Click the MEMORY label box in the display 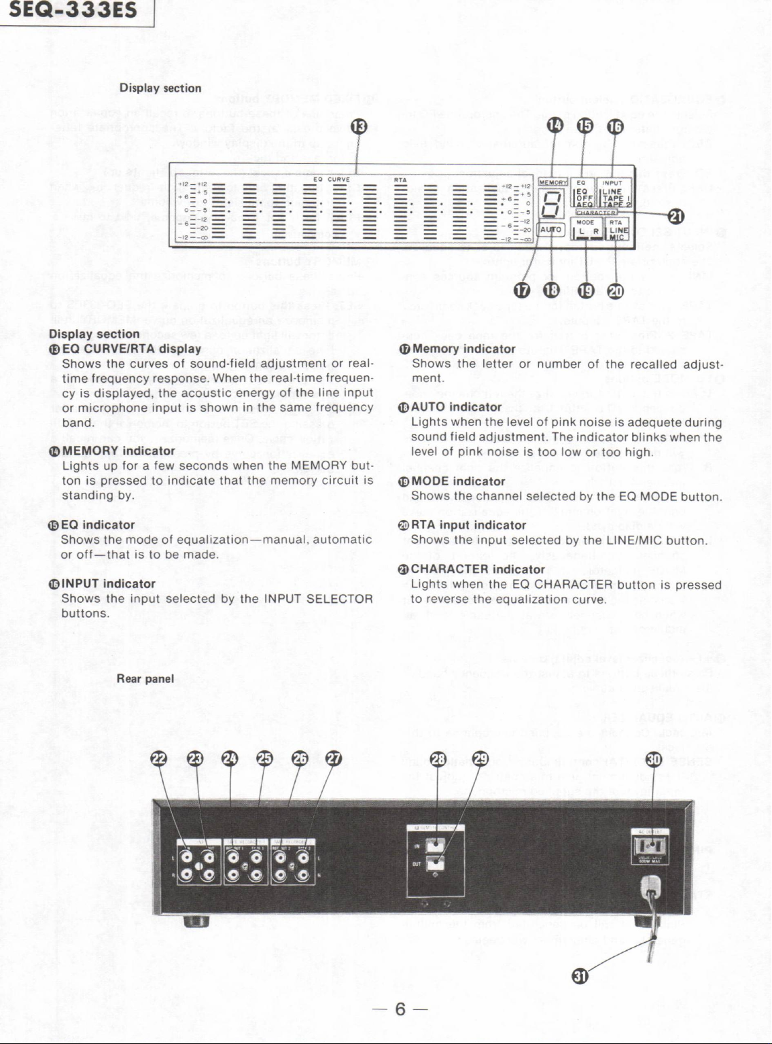[552, 182]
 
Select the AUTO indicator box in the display [550, 230]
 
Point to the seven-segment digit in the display [551, 205]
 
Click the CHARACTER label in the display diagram [596, 212]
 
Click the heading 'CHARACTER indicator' [477, 570]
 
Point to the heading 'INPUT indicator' [108, 584]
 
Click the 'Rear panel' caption [145, 679]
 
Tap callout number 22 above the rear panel [159, 759]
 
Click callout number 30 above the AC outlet [654, 759]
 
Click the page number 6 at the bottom [400, 1009]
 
